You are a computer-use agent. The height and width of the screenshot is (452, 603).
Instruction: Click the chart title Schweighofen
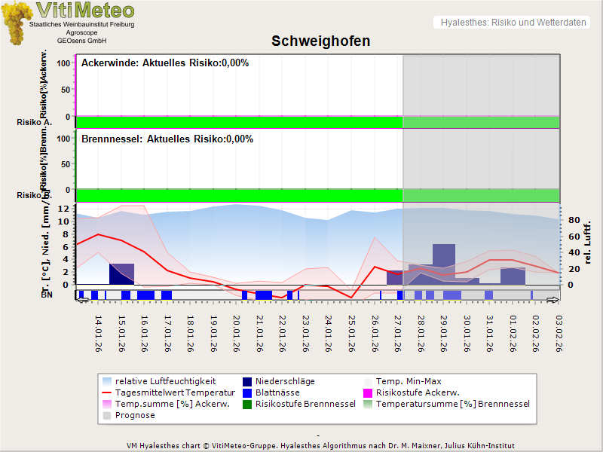point(320,41)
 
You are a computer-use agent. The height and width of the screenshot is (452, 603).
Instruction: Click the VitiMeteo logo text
point(85,11)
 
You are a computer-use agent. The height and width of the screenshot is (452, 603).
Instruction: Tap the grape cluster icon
point(16,23)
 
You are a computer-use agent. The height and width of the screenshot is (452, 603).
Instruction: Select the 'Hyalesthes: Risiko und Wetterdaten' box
point(512,23)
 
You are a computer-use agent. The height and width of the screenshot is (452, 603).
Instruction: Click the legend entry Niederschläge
point(285,381)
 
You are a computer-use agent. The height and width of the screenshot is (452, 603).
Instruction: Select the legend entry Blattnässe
point(277,392)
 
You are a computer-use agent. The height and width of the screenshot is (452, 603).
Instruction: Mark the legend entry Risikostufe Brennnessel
point(305,404)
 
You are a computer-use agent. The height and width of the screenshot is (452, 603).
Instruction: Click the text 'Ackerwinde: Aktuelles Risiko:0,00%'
point(165,63)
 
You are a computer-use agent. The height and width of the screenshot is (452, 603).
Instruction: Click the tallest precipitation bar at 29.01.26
point(444,264)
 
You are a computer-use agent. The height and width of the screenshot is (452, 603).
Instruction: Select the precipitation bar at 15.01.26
point(121,273)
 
